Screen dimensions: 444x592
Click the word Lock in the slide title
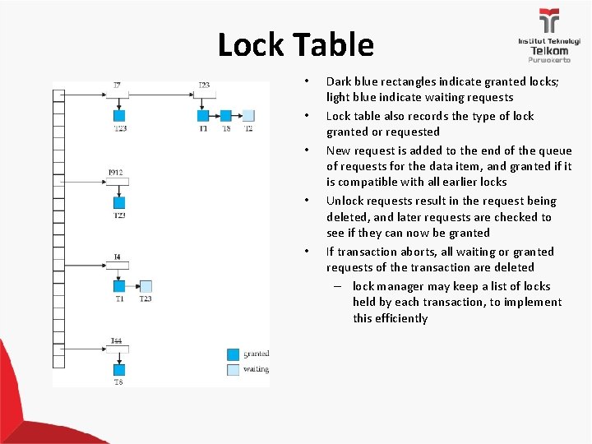click(x=252, y=44)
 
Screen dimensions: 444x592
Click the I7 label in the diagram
click(x=118, y=85)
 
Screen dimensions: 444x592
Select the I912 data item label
click(x=116, y=172)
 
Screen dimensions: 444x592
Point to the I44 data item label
click(x=116, y=340)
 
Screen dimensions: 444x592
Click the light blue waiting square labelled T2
click(x=248, y=116)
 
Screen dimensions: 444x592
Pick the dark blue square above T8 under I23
click(x=226, y=116)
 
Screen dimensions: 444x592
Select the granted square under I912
click(x=119, y=202)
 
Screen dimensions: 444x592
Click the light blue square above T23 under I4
click(x=146, y=286)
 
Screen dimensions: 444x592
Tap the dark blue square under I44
click(x=119, y=371)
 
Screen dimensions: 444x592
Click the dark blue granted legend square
click(x=234, y=354)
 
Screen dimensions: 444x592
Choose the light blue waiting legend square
click(x=234, y=369)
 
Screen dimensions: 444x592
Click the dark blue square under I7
click(x=119, y=116)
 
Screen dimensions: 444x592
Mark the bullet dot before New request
click(x=305, y=150)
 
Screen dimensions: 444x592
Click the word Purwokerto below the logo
click(x=548, y=60)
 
